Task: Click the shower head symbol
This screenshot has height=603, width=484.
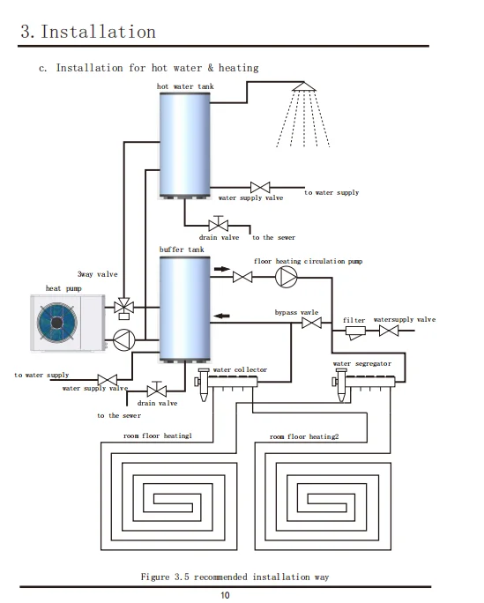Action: [303, 86]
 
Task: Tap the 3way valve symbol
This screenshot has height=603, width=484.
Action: [123, 308]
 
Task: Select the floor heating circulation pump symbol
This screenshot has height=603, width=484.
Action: [287, 277]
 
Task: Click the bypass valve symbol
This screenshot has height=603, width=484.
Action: [312, 323]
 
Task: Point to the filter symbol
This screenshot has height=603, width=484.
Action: [355, 332]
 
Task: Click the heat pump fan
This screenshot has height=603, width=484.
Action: [57, 323]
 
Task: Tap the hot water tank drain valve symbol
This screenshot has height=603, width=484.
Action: [219, 224]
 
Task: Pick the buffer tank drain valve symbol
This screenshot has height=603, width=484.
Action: [157, 390]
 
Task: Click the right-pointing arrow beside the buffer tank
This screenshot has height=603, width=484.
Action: [222, 269]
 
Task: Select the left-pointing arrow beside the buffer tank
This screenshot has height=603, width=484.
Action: [221, 316]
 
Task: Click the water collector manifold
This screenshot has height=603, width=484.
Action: [227, 383]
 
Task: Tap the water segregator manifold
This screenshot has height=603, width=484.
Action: [364, 383]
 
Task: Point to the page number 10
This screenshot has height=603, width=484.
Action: [225, 595]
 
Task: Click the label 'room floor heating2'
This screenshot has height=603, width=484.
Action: [304, 436]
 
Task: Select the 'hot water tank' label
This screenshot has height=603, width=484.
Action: [185, 86]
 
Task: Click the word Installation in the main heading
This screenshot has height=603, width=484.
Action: [98, 32]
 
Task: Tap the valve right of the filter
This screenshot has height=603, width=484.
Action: [389, 331]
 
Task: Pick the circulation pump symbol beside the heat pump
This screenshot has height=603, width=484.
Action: [123, 340]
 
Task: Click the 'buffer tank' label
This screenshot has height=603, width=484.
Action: [182, 249]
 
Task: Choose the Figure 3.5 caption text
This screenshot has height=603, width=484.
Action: [235, 577]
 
